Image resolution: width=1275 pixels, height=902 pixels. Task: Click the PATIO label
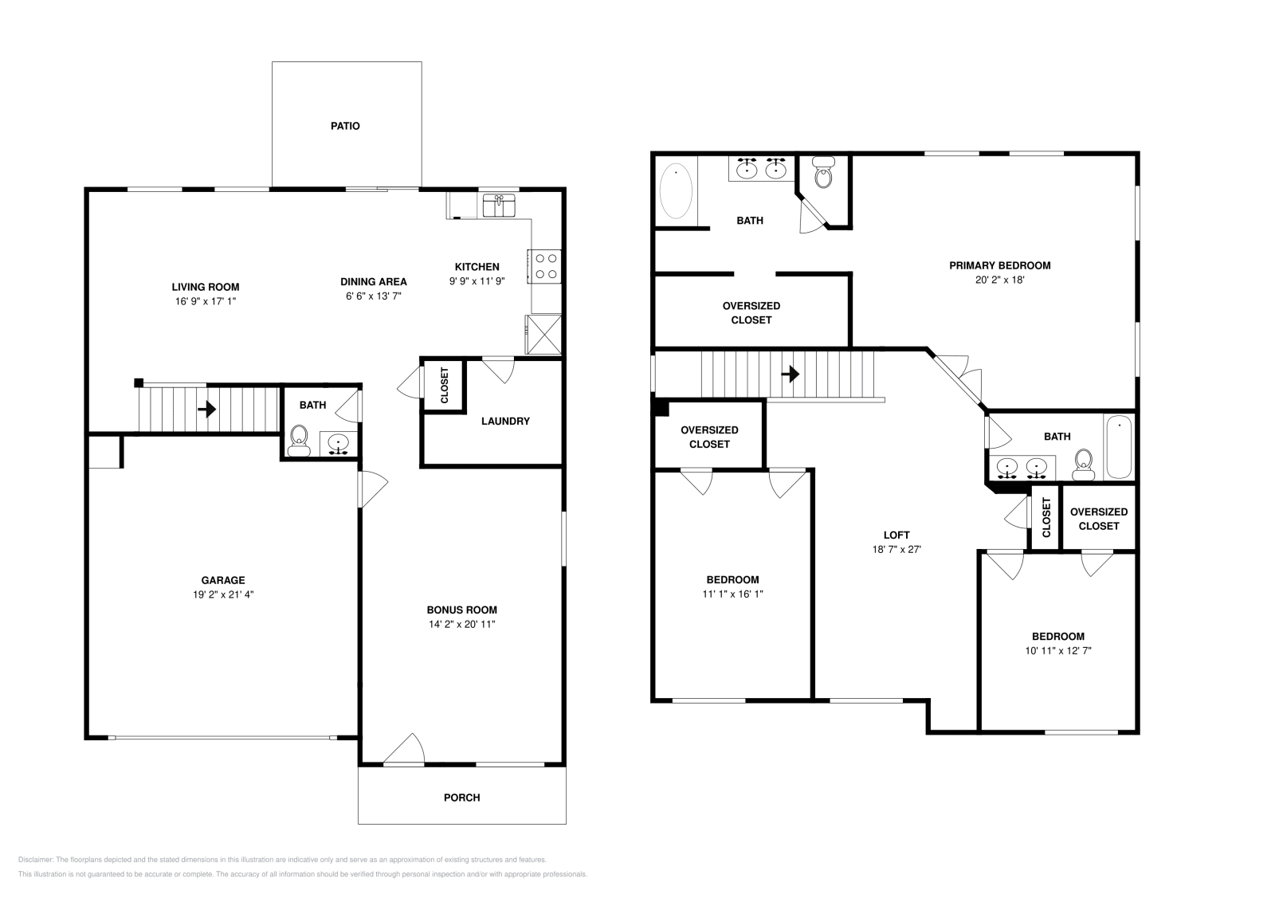click(x=345, y=126)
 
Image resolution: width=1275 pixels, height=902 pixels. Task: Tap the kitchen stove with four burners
click(x=545, y=266)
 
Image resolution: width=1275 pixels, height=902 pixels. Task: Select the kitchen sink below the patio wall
click(x=500, y=206)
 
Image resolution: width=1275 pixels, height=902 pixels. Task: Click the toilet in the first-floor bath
click(x=300, y=439)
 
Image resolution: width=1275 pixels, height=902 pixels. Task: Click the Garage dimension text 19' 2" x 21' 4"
click(x=222, y=594)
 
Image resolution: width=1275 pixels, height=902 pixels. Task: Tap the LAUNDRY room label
click(x=505, y=421)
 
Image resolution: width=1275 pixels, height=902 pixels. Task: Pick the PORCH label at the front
click(x=461, y=797)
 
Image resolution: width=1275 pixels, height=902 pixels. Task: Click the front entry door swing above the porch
click(x=405, y=751)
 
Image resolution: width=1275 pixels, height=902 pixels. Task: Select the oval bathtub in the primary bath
click(x=677, y=191)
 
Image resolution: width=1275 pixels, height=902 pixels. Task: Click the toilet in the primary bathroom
click(x=823, y=173)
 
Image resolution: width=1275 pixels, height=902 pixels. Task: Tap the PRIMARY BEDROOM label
click(x=999, y=265)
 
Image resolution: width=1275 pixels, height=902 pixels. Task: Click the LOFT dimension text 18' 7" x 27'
click(x=896, y=549)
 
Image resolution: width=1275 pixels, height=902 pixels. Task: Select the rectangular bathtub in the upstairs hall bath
click(x=1118, y=446)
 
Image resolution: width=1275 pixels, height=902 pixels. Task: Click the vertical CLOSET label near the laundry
click(x=445, y=386)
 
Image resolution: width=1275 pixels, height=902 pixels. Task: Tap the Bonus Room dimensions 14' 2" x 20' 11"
click(x=461, y=624)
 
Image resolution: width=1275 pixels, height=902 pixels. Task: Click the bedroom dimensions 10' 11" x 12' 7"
click(x=1057, y=650)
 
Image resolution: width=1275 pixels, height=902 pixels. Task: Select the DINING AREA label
click(x=373, y=281)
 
